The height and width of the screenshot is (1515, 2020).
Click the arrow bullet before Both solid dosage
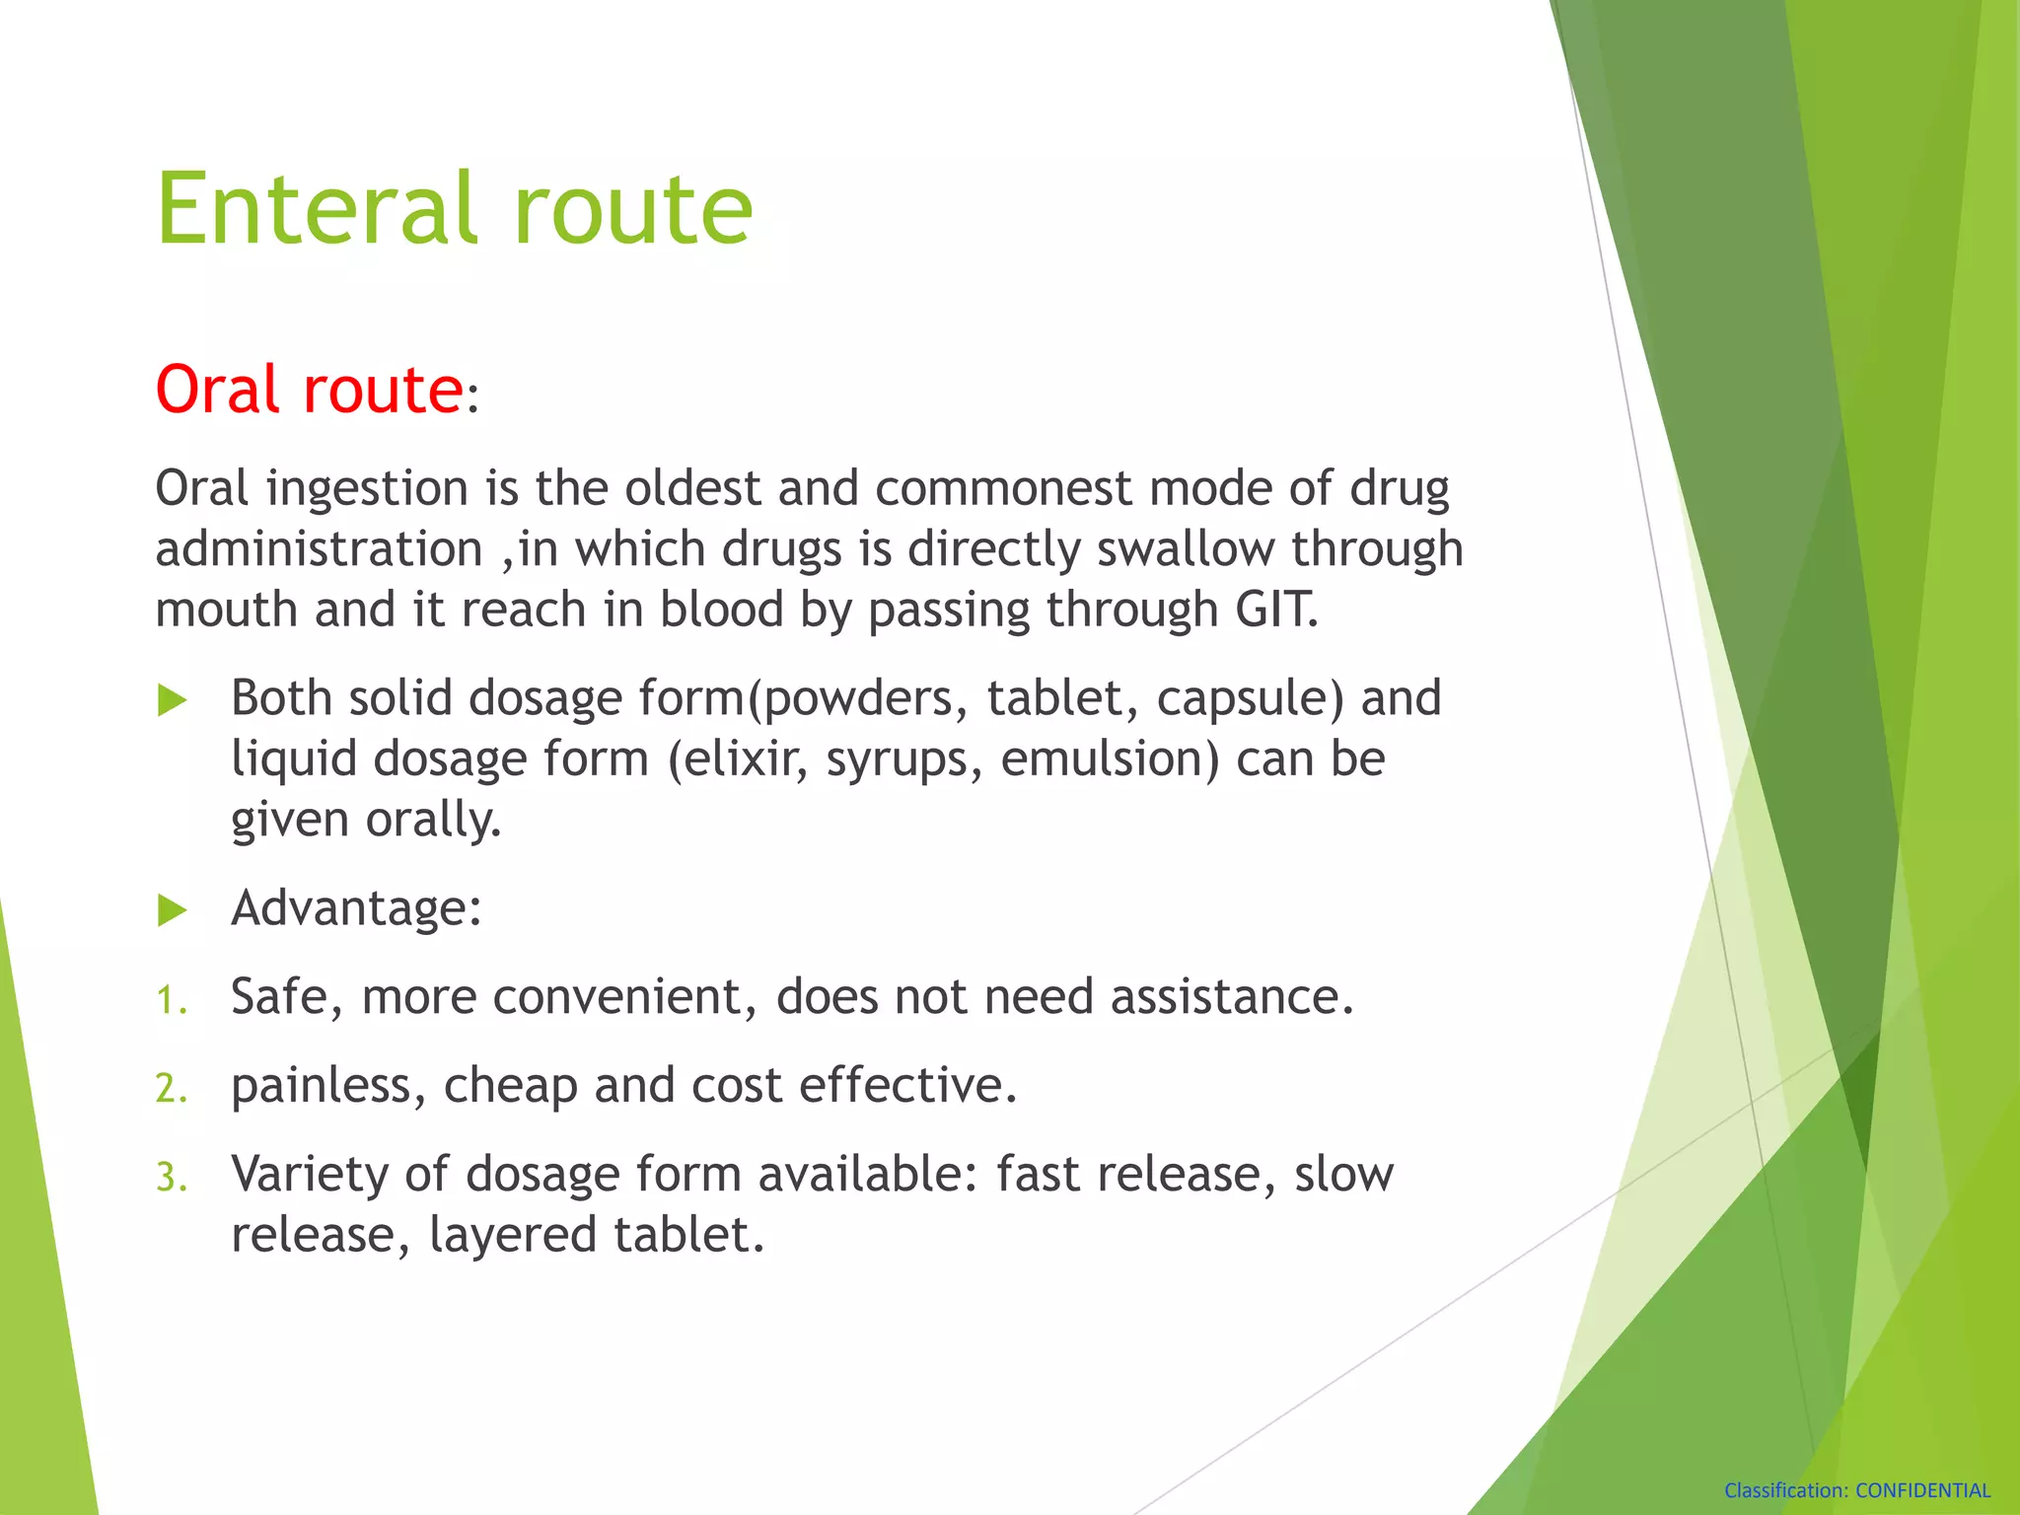(x=173, y=701)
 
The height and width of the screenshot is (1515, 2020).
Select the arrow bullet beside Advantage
(x=173, y=910)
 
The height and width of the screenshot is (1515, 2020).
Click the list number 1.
(x=171, y=1001)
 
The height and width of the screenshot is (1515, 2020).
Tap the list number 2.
(x=171, y=1089)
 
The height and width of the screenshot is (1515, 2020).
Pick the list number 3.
(x=171, y=1178)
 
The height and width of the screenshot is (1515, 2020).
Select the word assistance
(x=1231, y=997)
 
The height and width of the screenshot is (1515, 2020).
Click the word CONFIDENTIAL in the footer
(x=1922, y=1490)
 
